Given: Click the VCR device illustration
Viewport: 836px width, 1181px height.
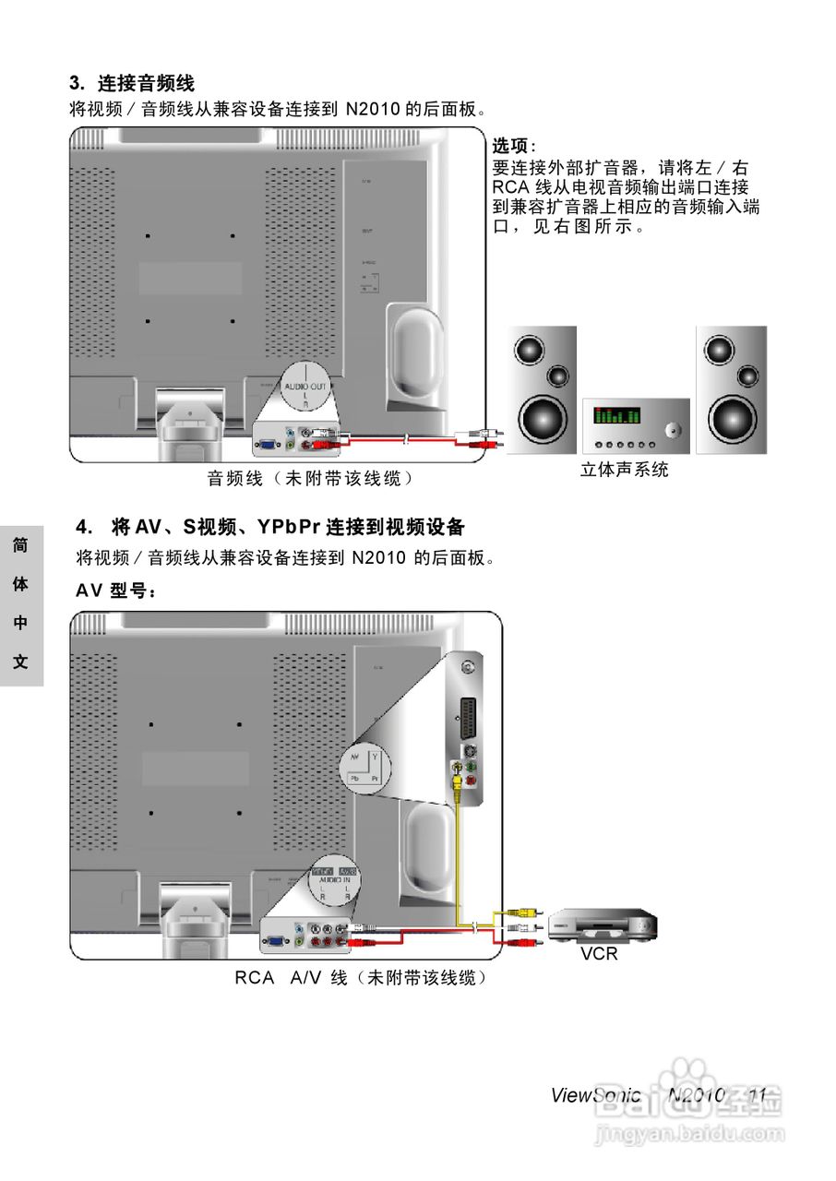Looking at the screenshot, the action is (603, 925).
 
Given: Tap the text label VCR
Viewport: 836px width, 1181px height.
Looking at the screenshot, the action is (599, 954).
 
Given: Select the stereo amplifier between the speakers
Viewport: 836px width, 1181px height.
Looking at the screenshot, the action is (636, 424).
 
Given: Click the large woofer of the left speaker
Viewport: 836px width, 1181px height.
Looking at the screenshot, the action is (541, 418).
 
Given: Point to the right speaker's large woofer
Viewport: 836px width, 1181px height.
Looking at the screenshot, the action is (730, 418).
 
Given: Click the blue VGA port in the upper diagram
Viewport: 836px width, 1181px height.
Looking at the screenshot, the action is (267, 444).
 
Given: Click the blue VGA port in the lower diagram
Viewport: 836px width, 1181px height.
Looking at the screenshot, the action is (274, 942).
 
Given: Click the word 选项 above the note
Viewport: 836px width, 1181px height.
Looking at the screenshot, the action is (509, 147).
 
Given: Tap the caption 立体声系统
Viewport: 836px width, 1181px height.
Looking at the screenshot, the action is (624, 470).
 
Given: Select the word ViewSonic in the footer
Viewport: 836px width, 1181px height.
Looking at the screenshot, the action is (595, 1095).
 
